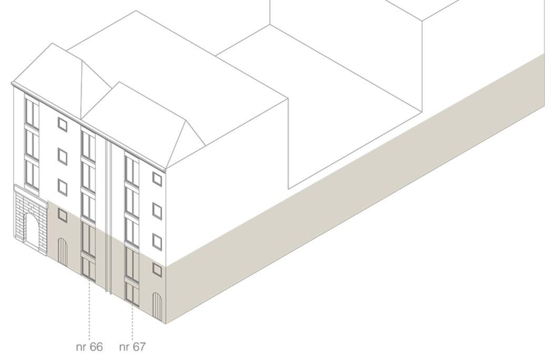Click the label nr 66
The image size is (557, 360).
pos(89,347)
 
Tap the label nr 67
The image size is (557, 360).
pos(132,347)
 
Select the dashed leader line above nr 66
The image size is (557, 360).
pos(89,311)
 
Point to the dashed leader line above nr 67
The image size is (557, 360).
pos(132,321)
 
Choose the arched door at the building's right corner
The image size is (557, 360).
pos(156,305)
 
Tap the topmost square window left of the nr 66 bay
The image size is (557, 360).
pos(63,124)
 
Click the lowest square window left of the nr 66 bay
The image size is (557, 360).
pos(63,215)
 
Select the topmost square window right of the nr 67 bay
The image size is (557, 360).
pos(157,178)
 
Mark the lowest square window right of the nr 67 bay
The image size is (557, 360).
pos(157,269)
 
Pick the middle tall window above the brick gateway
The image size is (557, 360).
pos(32,142)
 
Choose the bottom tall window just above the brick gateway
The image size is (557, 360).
pos(32,173)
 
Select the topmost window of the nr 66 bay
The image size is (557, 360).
pos(88,145)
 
